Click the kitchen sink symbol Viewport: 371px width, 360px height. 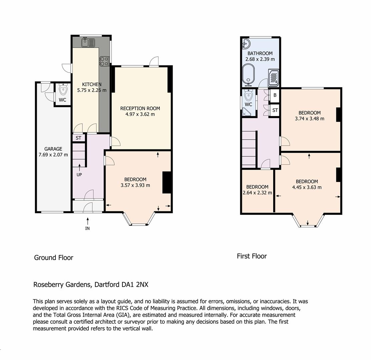(88, 42)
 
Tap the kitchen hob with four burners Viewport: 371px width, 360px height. (104, 61)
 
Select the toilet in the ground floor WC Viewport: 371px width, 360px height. (63, 89)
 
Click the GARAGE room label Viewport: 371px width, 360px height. (53, 149)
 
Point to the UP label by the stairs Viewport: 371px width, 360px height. (79, 175)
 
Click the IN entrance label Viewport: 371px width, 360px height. (87, 228)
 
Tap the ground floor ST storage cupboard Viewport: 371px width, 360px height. (78, 138)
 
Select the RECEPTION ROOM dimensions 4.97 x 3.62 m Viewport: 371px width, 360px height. (140, 114)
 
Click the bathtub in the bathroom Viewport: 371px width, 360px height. (248, 74)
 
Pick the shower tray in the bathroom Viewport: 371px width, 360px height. (273, 78)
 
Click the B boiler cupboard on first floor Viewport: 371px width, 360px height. (275, 95)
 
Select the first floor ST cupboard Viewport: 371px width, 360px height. (275, 110)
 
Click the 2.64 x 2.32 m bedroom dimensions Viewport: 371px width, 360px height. (257, 193)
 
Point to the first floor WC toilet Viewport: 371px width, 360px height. (249, 95)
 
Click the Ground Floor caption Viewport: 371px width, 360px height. (54, 257)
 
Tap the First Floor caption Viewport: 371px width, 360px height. (252, 256)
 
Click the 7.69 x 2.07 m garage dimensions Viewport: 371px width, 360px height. (53, 155)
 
